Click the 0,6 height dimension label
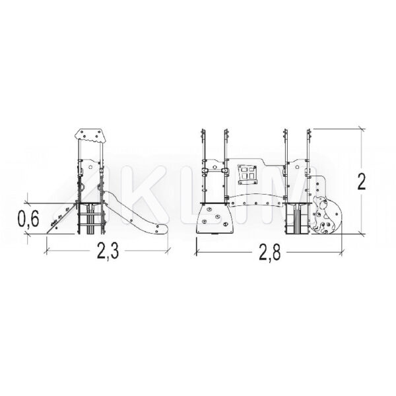[x=28, y=218]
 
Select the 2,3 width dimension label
[x=108, y=251]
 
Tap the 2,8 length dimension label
[x=269, y=252]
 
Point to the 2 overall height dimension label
[x=362, y=181]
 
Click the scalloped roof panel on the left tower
[x=89, y=137]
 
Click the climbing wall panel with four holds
[x=215, y=218]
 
